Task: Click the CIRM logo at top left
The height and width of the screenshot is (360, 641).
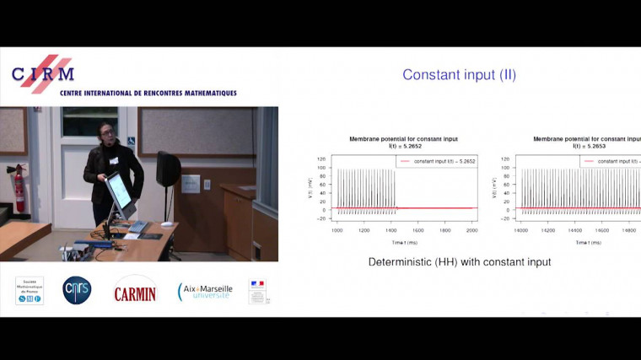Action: coord(42,74)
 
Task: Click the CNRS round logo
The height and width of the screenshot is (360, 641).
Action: coord(77,290)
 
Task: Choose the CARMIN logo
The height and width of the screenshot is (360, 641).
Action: coord(135,290)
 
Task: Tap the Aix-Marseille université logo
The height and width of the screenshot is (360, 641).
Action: coord(204,291)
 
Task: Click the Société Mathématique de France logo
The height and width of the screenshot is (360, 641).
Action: coord(30,290)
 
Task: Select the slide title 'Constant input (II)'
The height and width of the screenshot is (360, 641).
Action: coord(459,75)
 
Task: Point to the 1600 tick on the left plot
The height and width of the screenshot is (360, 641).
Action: coord(418,229)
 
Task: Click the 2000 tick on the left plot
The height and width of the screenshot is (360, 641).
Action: coord(472,229)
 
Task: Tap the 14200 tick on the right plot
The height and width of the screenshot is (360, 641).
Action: coord(548,229)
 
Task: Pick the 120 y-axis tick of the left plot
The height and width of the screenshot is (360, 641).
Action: coord(321,159)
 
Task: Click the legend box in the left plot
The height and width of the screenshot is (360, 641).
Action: coord(437,161)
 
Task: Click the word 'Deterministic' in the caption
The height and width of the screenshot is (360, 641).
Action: coord(400,262)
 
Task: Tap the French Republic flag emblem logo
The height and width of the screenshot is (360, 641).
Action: coord(257,291)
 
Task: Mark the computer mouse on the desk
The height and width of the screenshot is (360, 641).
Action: coord(166,224)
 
